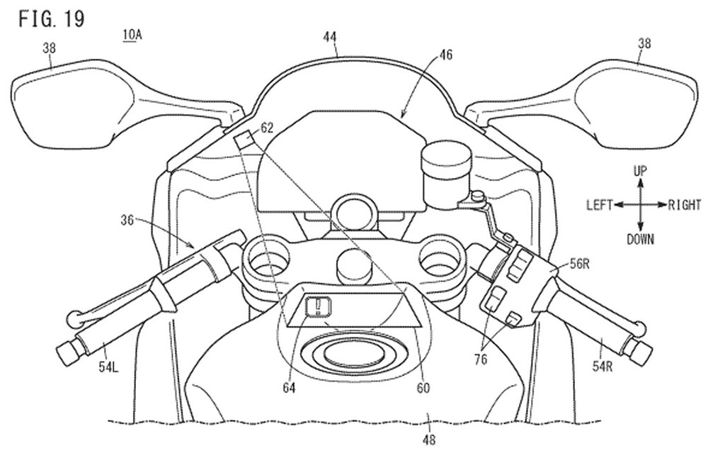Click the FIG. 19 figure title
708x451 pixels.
pyautogui.click(x=52, y=19)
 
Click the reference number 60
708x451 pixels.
pyautogui.click(x=423, y=387)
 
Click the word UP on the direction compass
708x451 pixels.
pyautogui.click(x=639, y=170)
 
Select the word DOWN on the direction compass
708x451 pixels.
pyautogui.click(x=640, y=239)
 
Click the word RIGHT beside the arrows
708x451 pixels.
pyautogui.click(x=685, y=205)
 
